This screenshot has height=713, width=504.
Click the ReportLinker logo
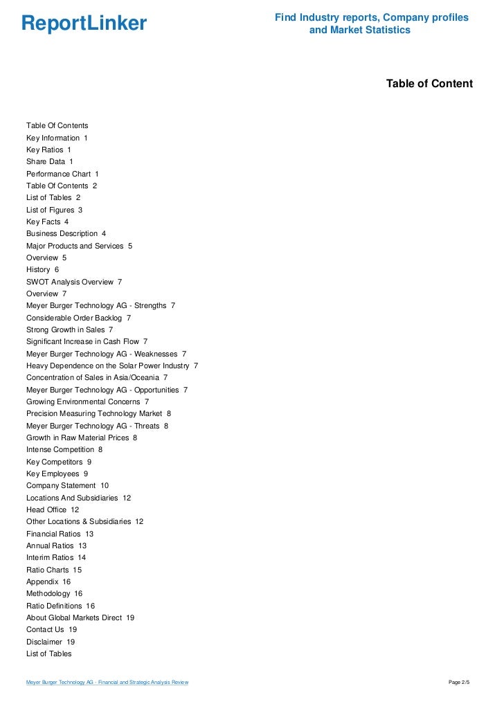click(84, 24)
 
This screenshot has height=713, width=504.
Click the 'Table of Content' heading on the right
click(429, 84)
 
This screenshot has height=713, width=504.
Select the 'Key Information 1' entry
click(57, 138)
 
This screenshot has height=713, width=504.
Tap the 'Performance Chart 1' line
click(62, 174)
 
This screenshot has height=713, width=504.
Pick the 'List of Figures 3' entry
click(54, 210)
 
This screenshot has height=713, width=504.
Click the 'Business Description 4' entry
click(66, 234)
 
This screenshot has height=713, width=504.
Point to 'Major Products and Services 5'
click(79, 246)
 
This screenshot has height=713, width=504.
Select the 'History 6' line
click(42, 269)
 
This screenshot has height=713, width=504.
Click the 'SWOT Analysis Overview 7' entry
click(74, 282)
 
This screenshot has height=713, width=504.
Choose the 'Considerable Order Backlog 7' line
click(78, 318)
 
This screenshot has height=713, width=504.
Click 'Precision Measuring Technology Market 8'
click(98, 413)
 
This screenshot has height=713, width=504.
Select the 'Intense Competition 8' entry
click(64, 449)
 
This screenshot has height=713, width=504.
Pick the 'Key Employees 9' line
click(57, 473)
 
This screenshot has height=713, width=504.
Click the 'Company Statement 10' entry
click(67, 486)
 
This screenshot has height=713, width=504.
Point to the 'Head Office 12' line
click(53, 509)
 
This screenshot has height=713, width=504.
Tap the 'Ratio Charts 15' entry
click(54, 570)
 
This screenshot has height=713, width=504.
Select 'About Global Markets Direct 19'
click(80, 617)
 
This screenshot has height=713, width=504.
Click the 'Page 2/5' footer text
click(459, 683)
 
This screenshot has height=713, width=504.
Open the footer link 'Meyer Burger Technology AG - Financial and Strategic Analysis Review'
click(107, 683)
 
